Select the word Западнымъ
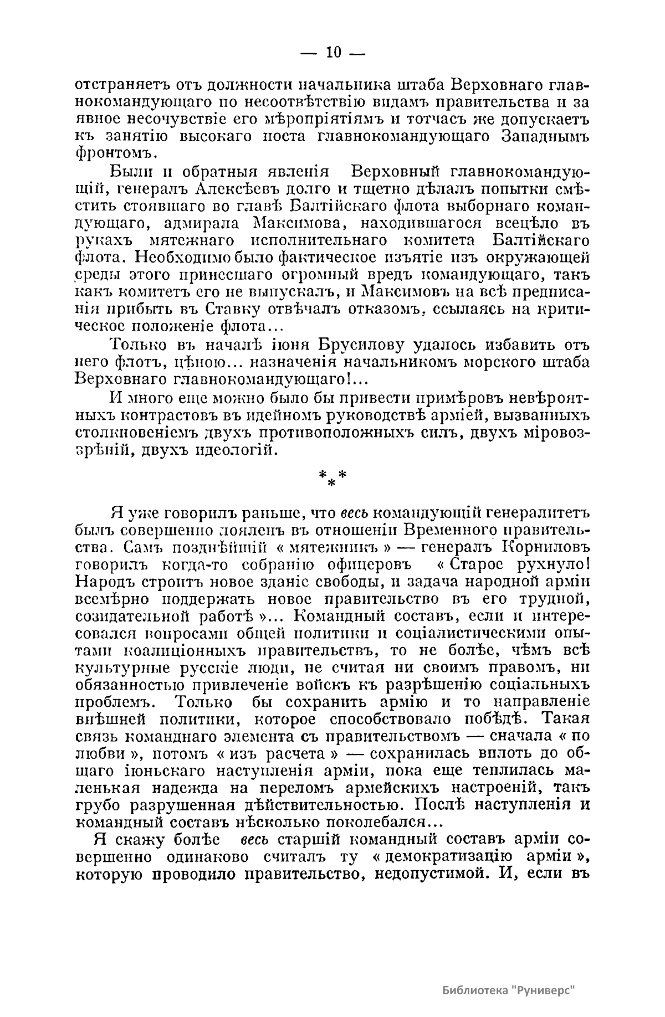tap(545, 136)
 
